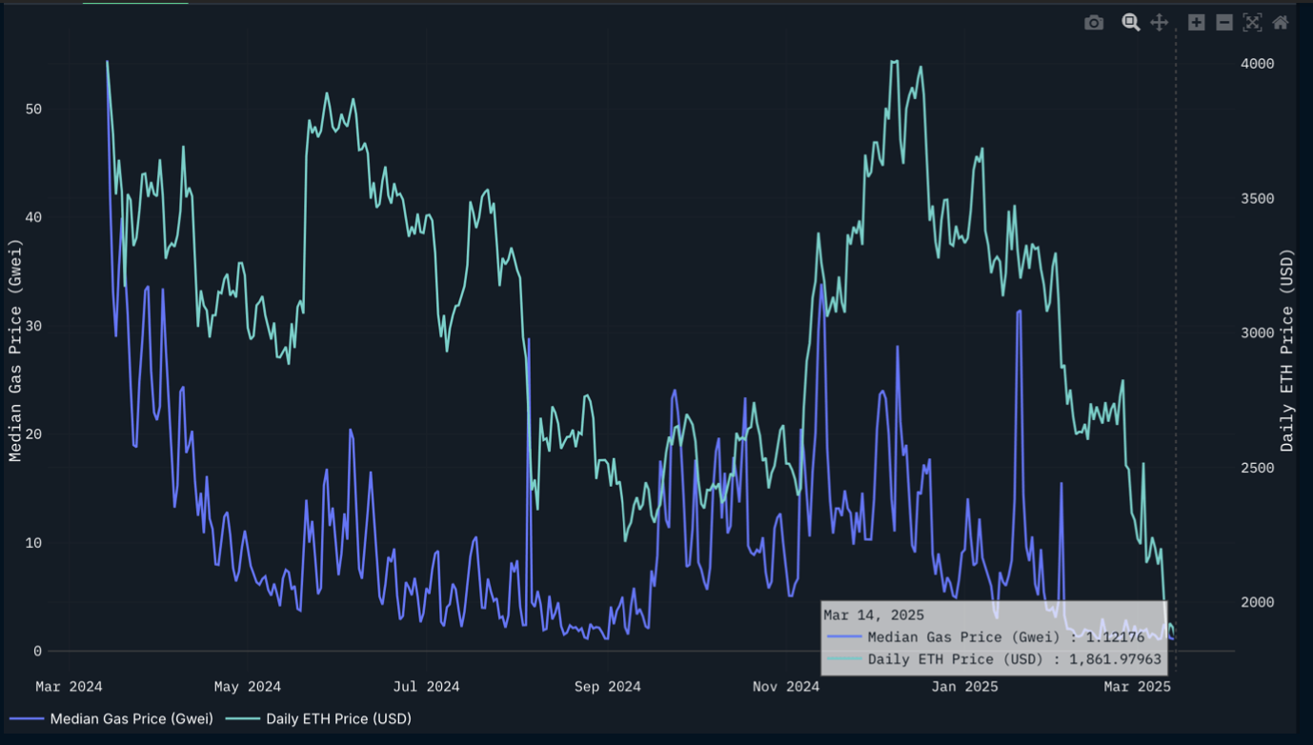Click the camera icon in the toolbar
[1094, 23]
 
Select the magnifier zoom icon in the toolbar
[1131, 23]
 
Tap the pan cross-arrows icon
[1160, 23]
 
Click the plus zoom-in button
[1197, 23]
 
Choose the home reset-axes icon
[1281, 23]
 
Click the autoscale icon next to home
[1252, 23]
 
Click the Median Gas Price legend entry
[131, 718]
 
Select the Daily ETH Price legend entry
[338, 718]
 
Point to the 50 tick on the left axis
[33, 110]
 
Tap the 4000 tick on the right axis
[1256, 64]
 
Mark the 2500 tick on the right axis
[1256, 468]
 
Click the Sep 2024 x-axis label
[606, 687]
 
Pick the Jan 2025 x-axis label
[964, 687]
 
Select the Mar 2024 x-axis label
[69, 687]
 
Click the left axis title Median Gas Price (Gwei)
[14, 351]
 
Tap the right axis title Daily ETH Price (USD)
[1287, 351]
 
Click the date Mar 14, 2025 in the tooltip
[874, 615]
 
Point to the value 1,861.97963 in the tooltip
[1115, 659]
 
